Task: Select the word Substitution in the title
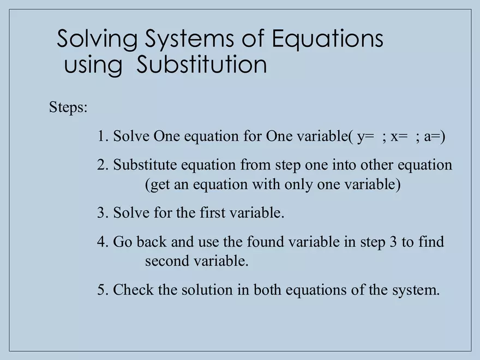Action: (202, 65)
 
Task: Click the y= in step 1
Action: (365, 137)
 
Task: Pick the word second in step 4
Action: (167, 261)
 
